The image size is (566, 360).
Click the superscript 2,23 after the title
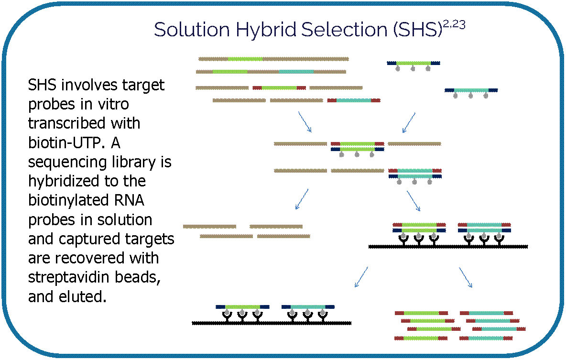455,25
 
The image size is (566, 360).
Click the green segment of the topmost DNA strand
245,59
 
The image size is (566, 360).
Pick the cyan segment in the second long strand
296,72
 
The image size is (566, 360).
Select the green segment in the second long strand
230,72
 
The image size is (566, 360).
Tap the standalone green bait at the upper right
414,63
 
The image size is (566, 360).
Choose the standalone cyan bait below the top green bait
471,90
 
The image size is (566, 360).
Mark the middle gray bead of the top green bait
413,69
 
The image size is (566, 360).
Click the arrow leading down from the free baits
409,123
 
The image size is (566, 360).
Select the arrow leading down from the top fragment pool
305,122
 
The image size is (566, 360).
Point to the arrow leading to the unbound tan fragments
302,199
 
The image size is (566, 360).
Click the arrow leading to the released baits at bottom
361,277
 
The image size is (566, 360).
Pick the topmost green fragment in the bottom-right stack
421,313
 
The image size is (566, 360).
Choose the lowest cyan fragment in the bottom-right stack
486,338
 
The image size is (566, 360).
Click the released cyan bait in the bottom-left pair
308,307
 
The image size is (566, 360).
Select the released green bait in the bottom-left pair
242,307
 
